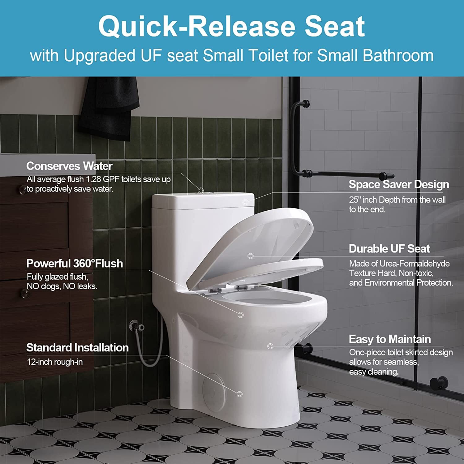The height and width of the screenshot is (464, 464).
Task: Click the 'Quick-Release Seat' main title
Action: pos(231,27)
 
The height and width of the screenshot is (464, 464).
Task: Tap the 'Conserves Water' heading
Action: pos(69,166)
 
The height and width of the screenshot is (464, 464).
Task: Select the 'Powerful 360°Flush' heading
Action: pos(75,264)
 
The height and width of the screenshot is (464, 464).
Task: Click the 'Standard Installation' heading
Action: pos(77,348)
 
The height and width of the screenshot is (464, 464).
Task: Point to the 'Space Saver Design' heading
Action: pos(399,184)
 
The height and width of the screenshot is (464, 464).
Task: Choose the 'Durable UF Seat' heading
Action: pos(389,249)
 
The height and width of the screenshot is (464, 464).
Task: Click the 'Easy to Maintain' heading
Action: pos(390,339)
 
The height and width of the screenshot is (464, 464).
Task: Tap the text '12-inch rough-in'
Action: pos(55,362)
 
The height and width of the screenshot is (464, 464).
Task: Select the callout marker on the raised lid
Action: pos(251,256)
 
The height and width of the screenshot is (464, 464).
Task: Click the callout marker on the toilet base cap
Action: pos(239,394)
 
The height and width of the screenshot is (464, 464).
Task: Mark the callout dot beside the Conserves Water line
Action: pos(200,190)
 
